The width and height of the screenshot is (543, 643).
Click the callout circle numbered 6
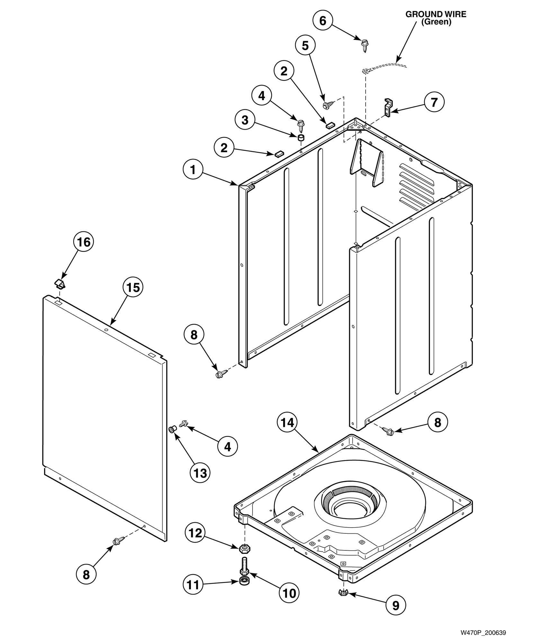[323, 21]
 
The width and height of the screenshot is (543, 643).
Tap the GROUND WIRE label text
[436, 18]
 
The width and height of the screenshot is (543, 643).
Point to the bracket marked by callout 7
[388, 107]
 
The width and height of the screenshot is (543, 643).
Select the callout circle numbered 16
[84, 242]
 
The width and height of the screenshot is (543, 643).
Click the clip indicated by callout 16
[59, 283]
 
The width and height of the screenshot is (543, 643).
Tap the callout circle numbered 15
[133, 287]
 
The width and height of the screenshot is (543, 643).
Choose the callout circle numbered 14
[287, 423]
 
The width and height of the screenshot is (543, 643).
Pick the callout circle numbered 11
[193, 585]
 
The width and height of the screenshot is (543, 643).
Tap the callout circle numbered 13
[200, 473]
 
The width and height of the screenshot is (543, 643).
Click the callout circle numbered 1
[193, 169]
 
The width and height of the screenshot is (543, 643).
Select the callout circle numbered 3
[245, 120]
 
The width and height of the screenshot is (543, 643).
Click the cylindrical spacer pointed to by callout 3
[301, 138]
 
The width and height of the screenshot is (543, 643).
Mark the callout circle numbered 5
[305, 46]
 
